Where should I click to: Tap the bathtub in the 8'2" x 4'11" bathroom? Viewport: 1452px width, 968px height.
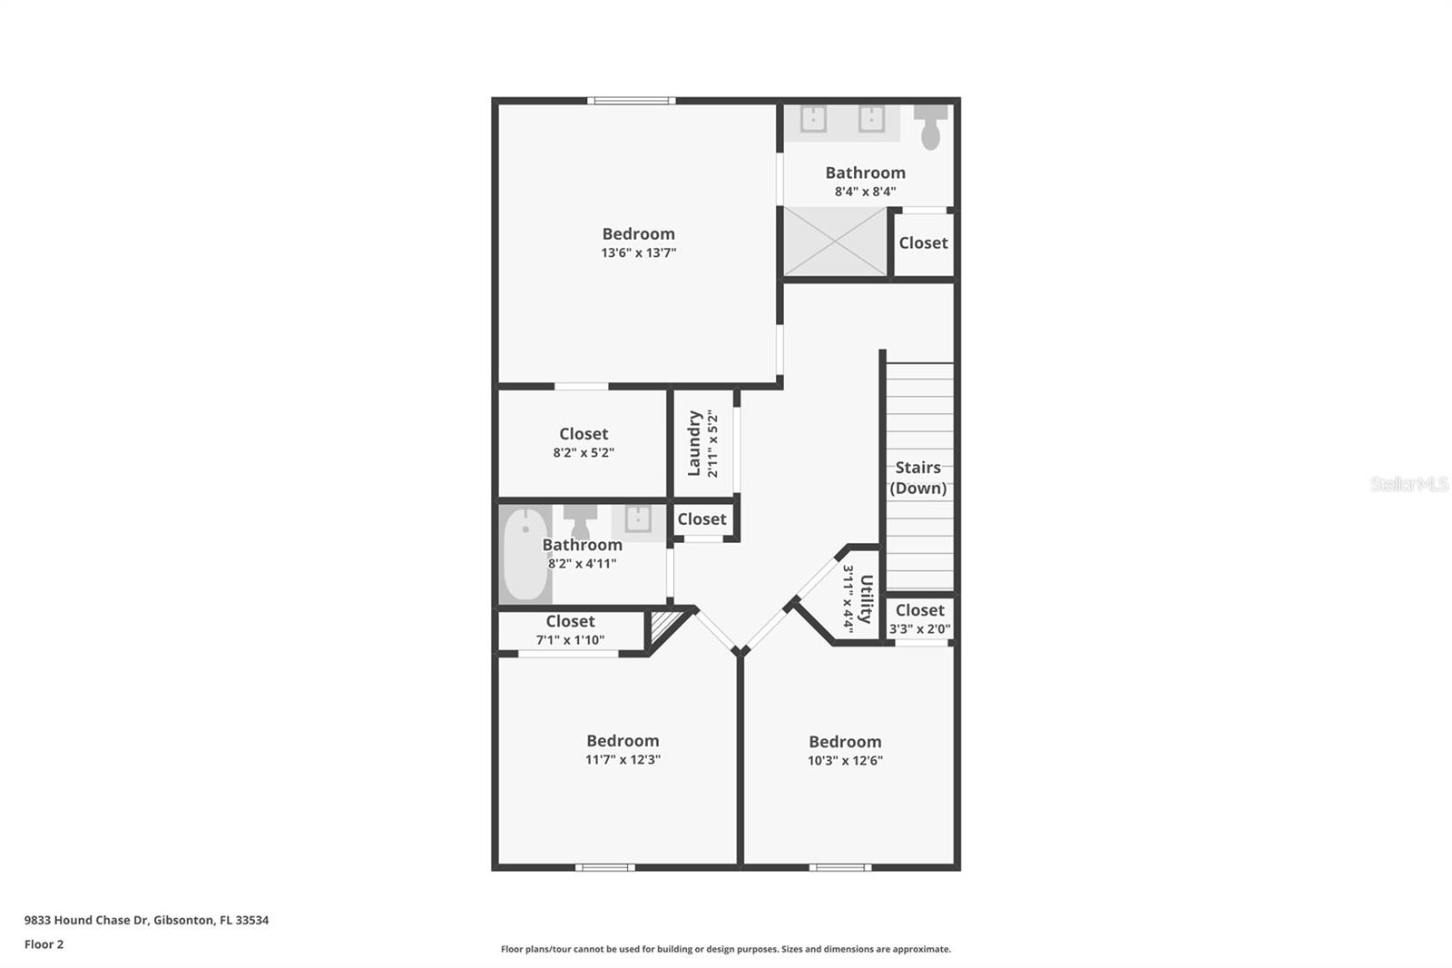(x=525, y=554)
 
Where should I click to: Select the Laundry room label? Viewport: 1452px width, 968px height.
(x=694, y=443)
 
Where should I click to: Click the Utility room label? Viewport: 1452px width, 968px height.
(x=866, y=598)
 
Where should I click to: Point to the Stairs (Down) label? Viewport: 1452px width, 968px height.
(x=918, y=478)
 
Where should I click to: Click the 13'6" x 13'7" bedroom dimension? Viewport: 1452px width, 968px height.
(x=638, y=253)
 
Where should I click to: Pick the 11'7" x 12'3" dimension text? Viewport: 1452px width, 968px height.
(x=623, y=760)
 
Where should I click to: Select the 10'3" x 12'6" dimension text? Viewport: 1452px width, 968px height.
(x=845, y=761)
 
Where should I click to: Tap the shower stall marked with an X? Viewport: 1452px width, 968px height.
(x=835, y=242)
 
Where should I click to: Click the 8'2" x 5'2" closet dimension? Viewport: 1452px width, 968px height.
(x=584, y=453)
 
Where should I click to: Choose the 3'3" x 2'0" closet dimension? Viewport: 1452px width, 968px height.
(x=919, y=629)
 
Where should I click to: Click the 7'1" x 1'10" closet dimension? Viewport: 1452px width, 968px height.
(x=570, y=640)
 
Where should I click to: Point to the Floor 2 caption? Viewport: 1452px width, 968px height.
(x=44, y=944)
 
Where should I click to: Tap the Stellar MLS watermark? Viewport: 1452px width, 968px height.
(x=1408, y=484)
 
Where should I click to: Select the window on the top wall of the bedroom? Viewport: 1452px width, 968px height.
(x=631, y=101)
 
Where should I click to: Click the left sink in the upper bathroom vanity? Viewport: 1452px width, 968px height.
(x=813, y=119)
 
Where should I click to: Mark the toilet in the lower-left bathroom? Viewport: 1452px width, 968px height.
(x=580, y=520)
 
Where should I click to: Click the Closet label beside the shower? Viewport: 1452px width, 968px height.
(x=923, y=243)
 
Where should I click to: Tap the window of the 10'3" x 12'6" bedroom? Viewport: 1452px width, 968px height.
(x=840, y=867)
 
